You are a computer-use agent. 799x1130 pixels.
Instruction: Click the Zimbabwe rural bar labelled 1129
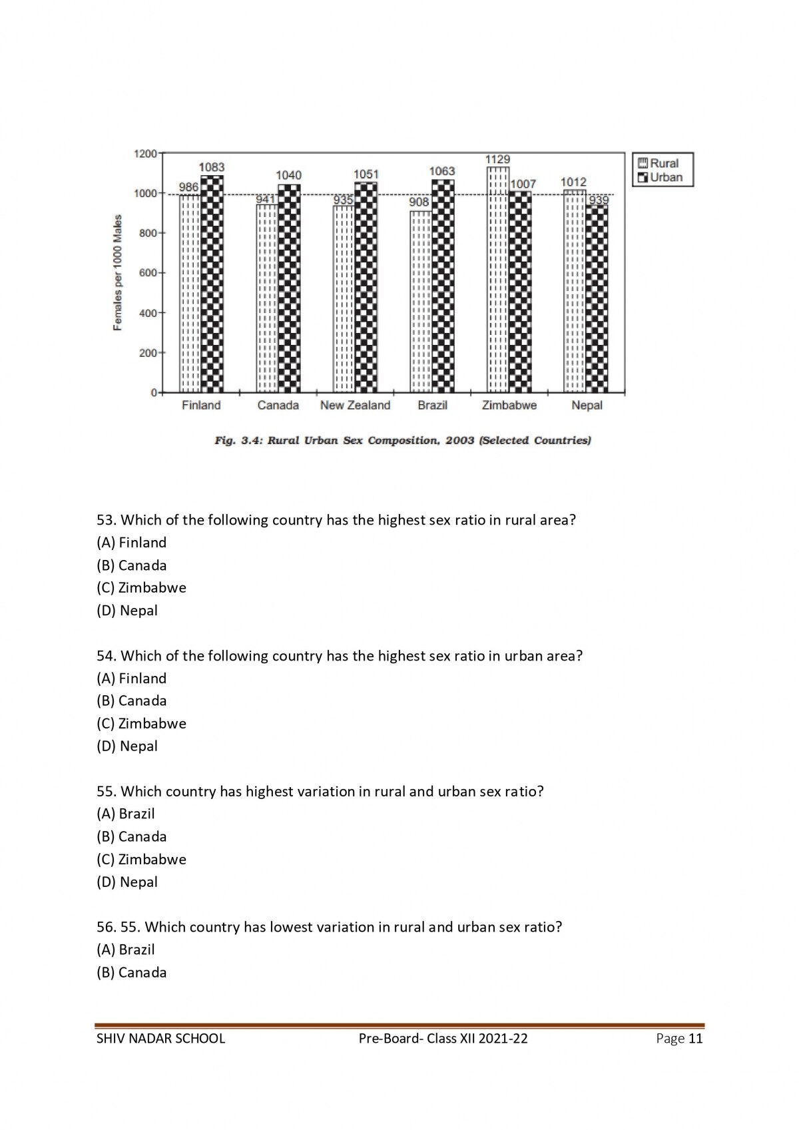(498, 280)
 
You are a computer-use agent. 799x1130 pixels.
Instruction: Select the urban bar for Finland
(212, 284)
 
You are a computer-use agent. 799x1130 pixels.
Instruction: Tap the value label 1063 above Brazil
(441, 171)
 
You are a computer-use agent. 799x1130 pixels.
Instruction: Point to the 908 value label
(419, 202)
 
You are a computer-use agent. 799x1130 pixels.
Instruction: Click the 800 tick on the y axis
(147, 233)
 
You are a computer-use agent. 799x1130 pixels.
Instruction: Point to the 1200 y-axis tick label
(145, 154)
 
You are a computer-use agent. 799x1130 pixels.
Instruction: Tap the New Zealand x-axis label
(355, 405)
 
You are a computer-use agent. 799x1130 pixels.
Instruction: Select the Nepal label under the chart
(587, 405)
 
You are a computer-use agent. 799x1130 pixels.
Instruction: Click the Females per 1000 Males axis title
(118, 272)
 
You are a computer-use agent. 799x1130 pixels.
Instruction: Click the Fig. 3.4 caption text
(402, 440)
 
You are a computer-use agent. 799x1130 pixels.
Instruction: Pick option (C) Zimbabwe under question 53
(141, 587)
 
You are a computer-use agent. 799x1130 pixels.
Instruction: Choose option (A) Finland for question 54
(131, 678)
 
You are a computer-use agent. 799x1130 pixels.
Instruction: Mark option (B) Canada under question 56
(131, 972)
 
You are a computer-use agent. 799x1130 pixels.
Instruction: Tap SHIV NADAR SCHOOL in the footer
(160, 1038)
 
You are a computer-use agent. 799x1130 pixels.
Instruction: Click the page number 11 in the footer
(695, 1038)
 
